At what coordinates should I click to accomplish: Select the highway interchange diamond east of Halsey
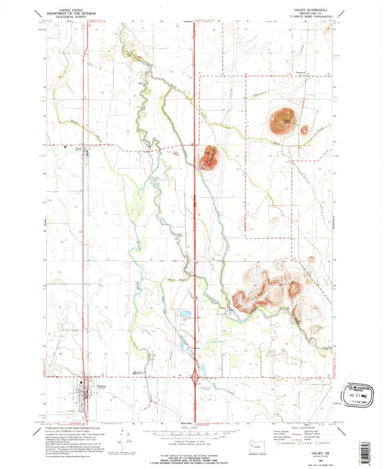196,378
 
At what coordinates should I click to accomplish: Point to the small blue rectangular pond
184,315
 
